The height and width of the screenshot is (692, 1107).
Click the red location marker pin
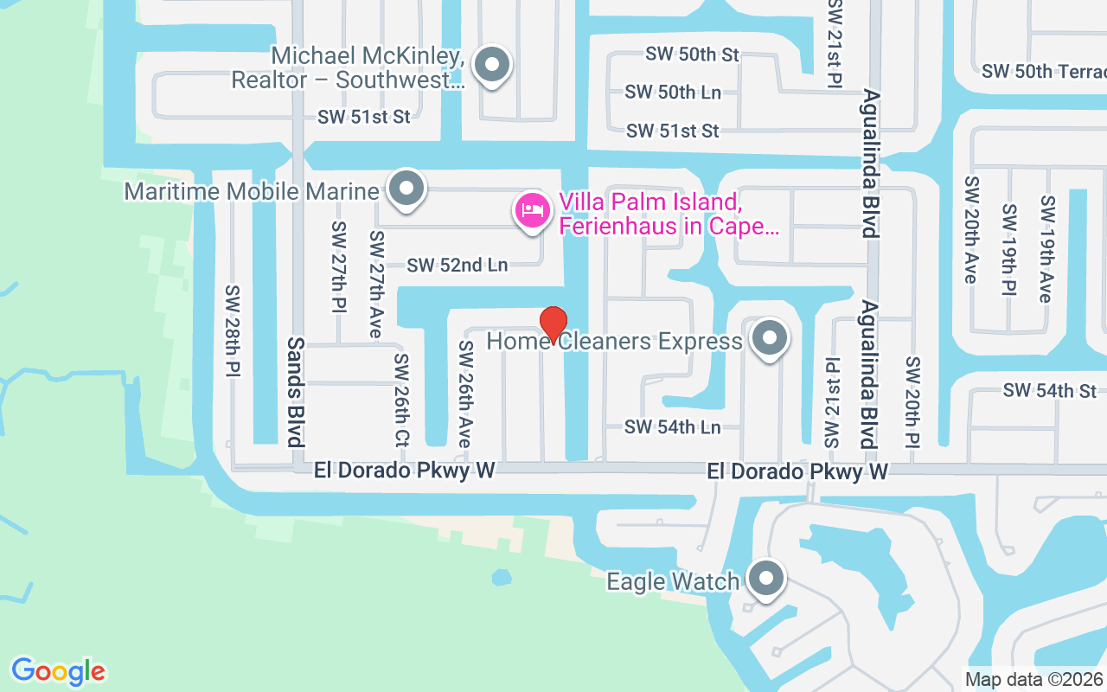tap(553, 325)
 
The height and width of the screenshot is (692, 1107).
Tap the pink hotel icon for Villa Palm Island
tap(533, 210)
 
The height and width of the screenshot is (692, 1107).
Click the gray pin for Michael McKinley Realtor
tap(494, 65)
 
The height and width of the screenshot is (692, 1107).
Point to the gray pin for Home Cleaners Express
tap(769, 339)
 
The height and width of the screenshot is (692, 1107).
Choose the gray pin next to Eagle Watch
tap(765, 580)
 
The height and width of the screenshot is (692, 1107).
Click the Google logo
tap(58, 671)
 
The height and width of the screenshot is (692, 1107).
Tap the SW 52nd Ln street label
tap(458, 265)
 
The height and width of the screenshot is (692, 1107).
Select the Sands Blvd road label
tap(296, 392)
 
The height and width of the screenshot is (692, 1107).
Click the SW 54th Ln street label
tap(672, 426)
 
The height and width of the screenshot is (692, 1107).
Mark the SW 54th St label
tap(1050, 391)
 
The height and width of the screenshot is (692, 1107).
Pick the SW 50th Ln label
tap(672, 92)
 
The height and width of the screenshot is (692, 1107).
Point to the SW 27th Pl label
tap(338, 266)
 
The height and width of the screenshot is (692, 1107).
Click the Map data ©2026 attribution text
tap(1033, 680)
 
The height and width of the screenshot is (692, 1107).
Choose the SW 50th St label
tap(692, 54)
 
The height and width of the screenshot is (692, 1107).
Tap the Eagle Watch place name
tap(673, 581)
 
